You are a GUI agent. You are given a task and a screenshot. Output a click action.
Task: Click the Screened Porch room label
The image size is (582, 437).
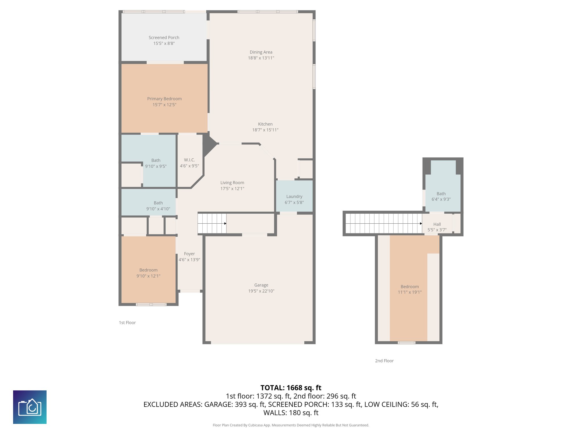point(164,38)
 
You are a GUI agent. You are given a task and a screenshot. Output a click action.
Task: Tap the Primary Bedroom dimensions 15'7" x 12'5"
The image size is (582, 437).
point(164,105)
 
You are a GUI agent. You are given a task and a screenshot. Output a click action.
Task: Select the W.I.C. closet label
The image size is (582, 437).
point(189,160)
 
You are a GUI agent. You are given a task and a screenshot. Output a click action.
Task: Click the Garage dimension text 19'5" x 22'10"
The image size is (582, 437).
point(261,291)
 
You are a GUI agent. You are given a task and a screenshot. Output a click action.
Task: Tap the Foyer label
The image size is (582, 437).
point(189,254)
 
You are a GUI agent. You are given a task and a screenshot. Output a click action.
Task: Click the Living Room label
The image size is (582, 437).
point(232,183)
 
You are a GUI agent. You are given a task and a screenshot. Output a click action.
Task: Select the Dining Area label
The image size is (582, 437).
point(261,52)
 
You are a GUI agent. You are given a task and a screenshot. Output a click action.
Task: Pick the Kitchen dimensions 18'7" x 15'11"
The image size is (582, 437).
point(265,130)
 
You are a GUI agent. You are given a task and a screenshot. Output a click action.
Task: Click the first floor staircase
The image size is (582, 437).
point(212,224)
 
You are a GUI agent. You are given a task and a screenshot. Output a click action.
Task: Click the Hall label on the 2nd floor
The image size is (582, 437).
point(437,224)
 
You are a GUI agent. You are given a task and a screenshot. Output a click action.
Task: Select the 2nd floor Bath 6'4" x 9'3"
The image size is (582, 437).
point(441,196)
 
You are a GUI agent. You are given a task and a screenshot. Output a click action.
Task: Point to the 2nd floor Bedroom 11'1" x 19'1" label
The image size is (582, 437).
point(410,286)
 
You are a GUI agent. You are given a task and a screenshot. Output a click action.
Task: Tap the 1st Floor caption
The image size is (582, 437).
point(127,323)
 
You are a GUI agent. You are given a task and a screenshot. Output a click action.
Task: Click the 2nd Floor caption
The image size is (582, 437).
point(384,361)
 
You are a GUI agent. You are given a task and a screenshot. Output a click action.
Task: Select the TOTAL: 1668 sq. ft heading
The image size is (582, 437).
point(291,388)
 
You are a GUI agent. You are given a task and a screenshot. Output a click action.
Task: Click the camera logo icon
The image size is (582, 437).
point(30,407)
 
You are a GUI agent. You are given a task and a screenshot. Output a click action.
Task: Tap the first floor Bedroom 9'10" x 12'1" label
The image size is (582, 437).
point(148,270)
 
